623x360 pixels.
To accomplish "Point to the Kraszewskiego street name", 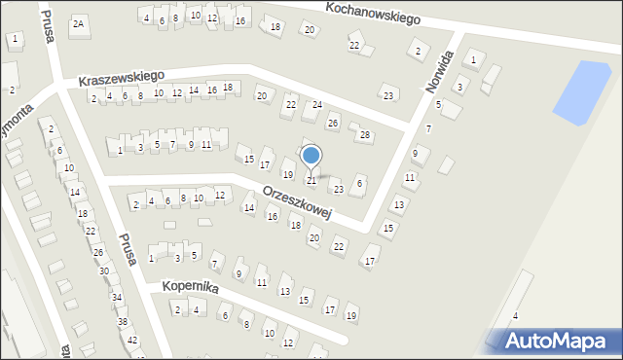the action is click(x=122, y=76).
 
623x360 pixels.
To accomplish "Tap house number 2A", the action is click(x=79, y=22).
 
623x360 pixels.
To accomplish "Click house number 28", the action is click(x=365, y=135).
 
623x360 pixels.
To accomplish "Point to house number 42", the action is click(x=132, y=340).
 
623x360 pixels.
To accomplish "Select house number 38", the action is click(x=123, y=321).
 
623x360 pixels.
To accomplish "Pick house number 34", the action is click(x=116, y=297).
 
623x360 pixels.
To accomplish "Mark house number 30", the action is click(x=104, y=270).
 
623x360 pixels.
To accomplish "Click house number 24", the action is click(x=316, y=104).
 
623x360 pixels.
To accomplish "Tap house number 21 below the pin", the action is click(x=311, y=180).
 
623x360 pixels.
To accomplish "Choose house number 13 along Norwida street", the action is click(x=398, y=204).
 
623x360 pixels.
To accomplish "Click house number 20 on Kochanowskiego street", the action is click(x=310, y=30).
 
